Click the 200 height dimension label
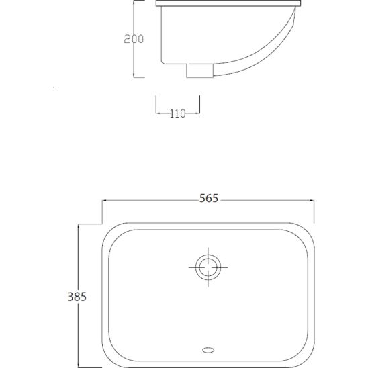click(134, 39)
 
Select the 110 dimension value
click(178, 113)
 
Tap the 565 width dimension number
click(209, 198)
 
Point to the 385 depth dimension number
click(77, 297)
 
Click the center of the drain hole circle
click(208, 267)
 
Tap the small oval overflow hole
click(208, 350)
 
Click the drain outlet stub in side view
click(199, 71)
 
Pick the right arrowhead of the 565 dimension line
click(312, 201)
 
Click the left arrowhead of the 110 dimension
click(158, 113)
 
